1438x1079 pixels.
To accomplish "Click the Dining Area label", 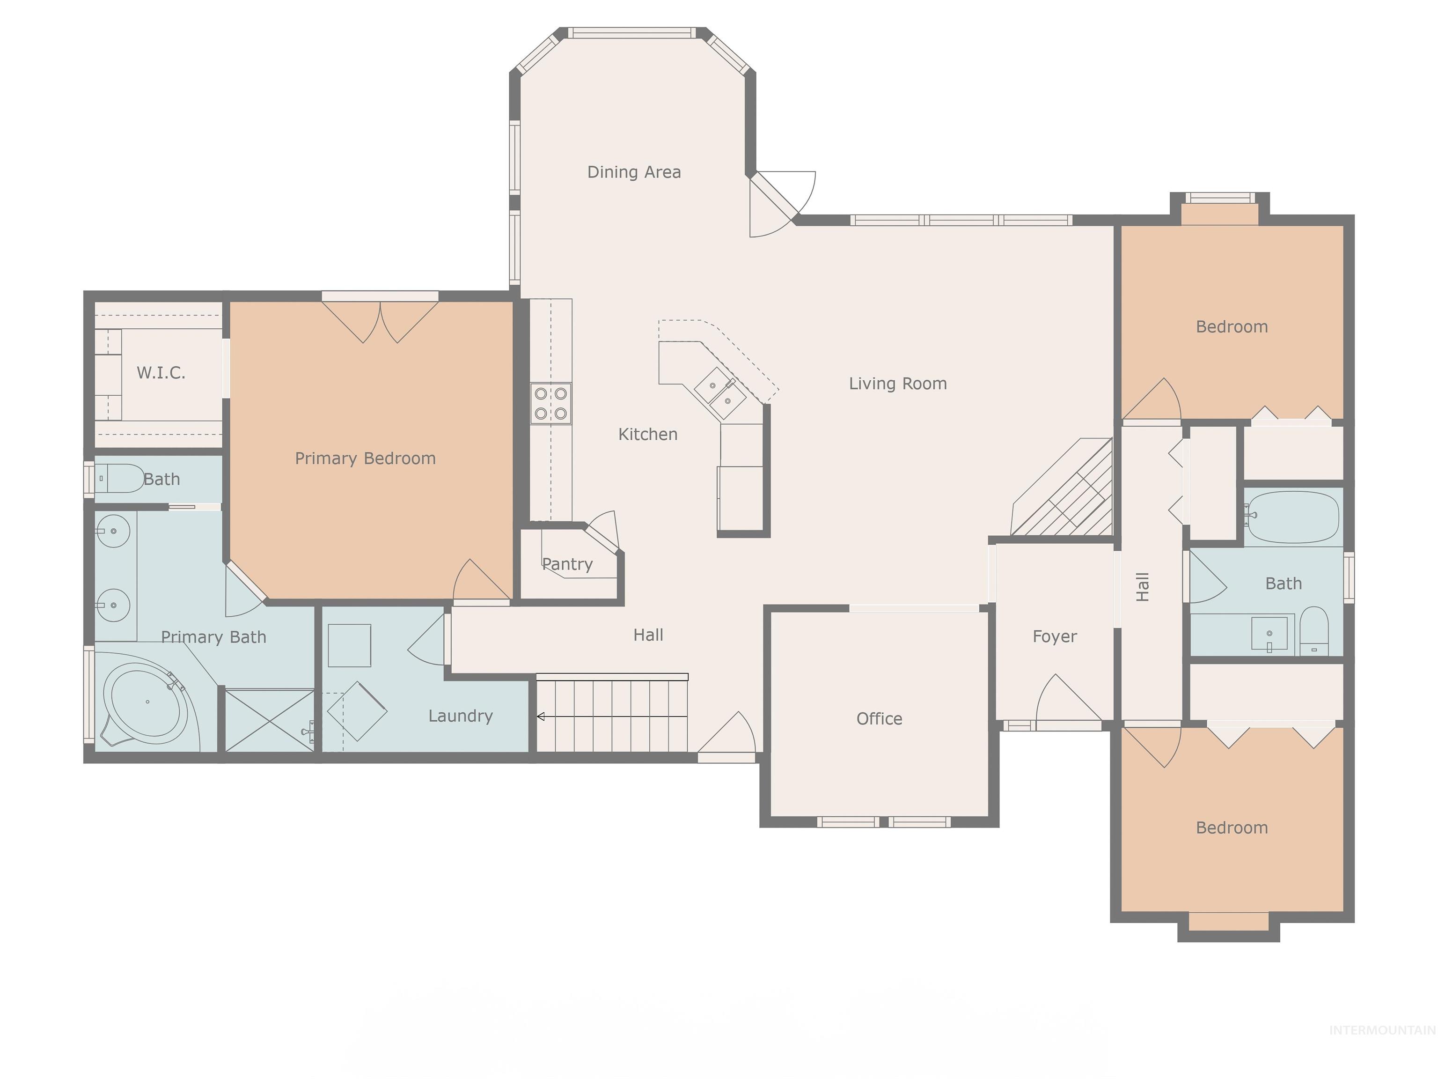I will [x=634, y=172].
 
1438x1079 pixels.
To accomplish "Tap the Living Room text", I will [x=897, y=384].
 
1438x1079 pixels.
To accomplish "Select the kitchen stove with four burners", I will [x=550, y=403].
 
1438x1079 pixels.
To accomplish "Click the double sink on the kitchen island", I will [x=720, y=393].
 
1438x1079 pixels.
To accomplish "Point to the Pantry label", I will [x=567, y=564].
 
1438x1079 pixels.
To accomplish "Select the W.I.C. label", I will [x=161, y=373].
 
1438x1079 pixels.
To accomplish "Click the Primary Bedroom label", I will [x=365, y=458].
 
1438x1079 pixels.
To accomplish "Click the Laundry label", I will [x=460, y=716].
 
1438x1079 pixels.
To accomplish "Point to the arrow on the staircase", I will [x=541, y=717].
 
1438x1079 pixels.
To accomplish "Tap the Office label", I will [x=879, y=719].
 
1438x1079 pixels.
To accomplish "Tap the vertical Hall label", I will [x=1143, y=587].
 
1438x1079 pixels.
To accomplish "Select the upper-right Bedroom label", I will [x=1231, y=326].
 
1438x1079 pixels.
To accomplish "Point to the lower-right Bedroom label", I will [x=1231, y=828].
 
